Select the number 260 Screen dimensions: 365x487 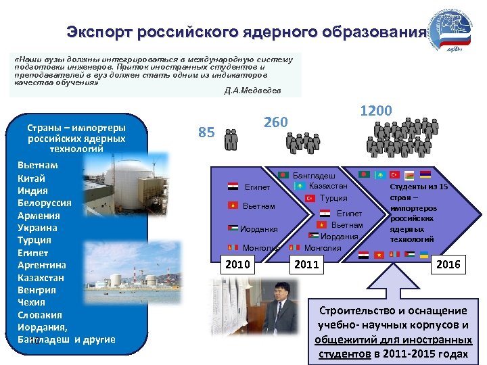(x=275, y=122)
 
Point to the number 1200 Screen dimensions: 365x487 (x=375, y=110)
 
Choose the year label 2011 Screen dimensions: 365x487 (x=306, y=264)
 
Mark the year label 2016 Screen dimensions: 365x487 (x=448, y=264)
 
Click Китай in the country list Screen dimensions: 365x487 (x=32, y=178)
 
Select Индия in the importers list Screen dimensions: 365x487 (x=32, y=191)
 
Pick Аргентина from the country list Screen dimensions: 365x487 (x=42, y=265)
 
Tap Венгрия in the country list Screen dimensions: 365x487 (x=37, y=290)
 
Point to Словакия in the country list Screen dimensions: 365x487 (x=40, y=315)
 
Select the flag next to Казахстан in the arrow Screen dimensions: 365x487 (x=300, y=186)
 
